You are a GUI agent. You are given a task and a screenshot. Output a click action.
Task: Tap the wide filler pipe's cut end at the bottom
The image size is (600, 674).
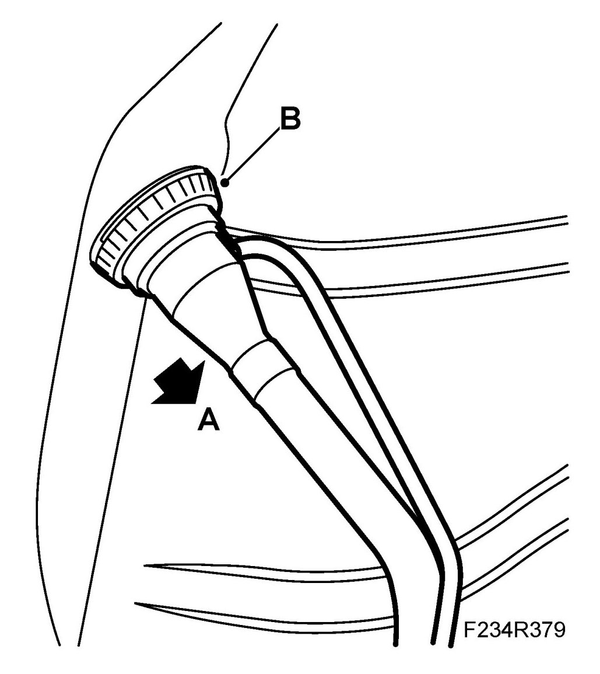pos(414,642)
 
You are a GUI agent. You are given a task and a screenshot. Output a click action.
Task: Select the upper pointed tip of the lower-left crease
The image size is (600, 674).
pos(146,565)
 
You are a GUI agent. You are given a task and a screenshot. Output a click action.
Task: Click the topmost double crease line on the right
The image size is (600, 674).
pos(466,225)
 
